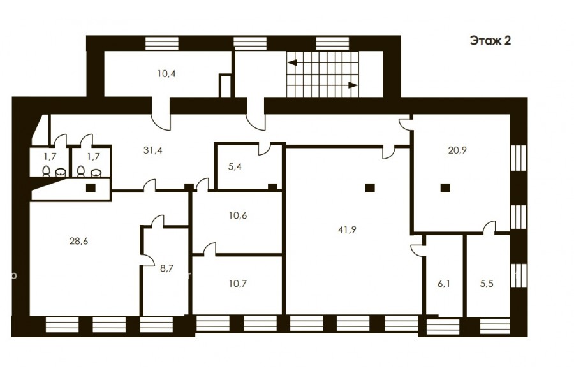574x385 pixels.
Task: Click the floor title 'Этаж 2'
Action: coord(490,41)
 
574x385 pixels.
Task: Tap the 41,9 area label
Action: coord(348,230)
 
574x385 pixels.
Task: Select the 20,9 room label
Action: coord(457,150)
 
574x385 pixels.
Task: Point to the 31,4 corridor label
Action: coord(152,150)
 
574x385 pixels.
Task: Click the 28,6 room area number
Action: coord(78,241)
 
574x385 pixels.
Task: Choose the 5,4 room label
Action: coord(235,167)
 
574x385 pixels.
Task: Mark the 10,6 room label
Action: coord(238,215)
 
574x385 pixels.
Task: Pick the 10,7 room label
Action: coord(238,283)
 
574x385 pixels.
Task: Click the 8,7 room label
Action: coord(166,268)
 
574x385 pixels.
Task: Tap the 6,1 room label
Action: coord(444,284)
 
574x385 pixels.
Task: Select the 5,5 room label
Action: coord(487,284)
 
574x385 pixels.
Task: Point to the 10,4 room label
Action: coord(166,73)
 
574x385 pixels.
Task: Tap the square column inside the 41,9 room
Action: coord(370,188)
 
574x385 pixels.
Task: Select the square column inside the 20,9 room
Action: coord(445,188)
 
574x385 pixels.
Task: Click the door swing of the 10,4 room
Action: coord(161,119)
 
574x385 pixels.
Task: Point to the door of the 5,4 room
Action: coord(264,149)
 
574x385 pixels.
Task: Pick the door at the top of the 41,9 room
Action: coord(389,152)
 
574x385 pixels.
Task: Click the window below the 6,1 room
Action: coord(443,327)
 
